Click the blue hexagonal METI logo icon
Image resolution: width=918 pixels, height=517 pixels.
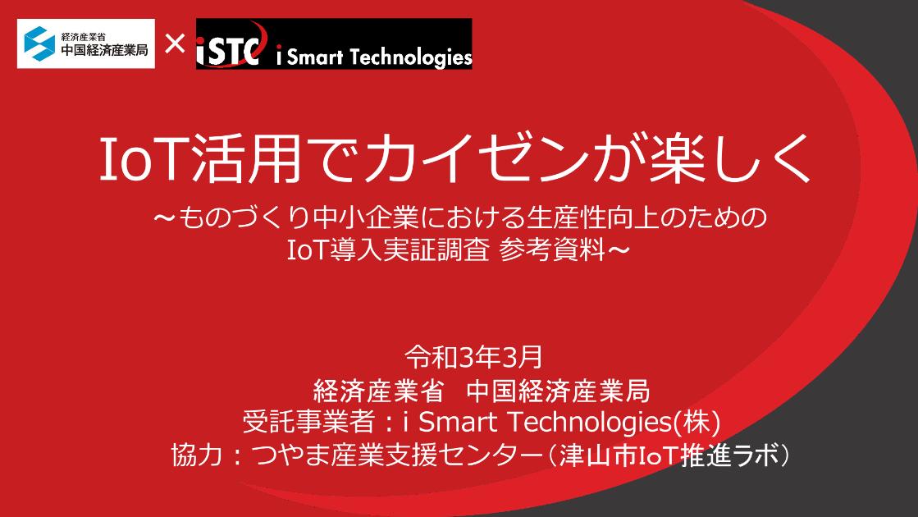[x=39, y=43]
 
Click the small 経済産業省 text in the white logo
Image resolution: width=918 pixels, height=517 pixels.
[x=88, y=35]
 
